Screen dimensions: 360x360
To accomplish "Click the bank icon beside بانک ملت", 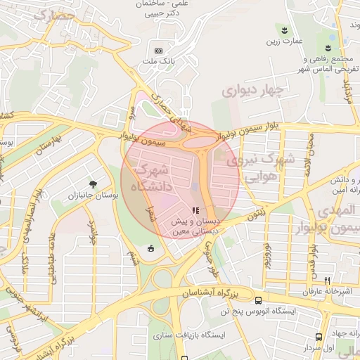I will (x=158, y=51).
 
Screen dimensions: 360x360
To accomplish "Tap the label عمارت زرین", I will (x=283, y=41).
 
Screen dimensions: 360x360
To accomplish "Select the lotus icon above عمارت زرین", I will (x=284, y=30).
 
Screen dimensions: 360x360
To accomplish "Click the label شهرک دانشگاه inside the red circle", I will (x=150, y=179).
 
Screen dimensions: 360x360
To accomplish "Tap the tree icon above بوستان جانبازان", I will (x=92, y=184).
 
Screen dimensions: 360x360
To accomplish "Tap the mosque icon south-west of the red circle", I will (x=150, y=247).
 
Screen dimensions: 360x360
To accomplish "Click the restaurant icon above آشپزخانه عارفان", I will (x=326, y=281).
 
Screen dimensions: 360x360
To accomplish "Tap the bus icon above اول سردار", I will (x=320, y=337).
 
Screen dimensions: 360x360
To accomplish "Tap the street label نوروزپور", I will (x=266, y=260).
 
